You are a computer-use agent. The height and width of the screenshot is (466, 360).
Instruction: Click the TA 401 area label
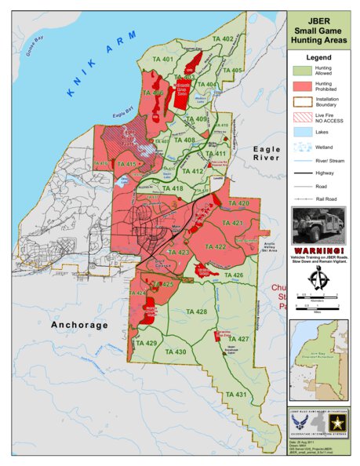coord(163,60)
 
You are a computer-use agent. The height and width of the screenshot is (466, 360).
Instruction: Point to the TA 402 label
coord(223,39)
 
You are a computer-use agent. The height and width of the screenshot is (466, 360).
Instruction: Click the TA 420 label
coord(238,203)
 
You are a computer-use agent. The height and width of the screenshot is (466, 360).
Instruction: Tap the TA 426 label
coord(233,275)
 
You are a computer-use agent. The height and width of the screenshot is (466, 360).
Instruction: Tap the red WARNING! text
coord(318,249)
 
